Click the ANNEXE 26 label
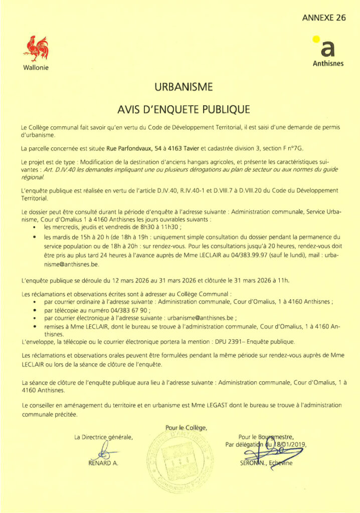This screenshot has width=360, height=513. pyautogui.click(x=324, y=18)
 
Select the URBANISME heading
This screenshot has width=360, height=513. pyautogui.click(x=184, y=87)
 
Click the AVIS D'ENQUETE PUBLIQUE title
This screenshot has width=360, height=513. pyautogui.click(x=184, y=109)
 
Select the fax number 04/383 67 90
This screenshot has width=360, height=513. pyautogui.click(x=130, y=310)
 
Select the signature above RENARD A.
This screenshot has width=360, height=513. pyautogui.click(x=104, y=451)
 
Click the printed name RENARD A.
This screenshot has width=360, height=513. pyautogui.click(x=103, y=463)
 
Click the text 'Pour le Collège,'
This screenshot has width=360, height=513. pyautogui.click(x=186, y=427)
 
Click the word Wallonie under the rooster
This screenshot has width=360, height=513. pyautogui.click(x=36, y=68)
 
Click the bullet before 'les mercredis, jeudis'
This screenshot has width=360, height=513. pyautogui.click(x=34, y=227)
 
